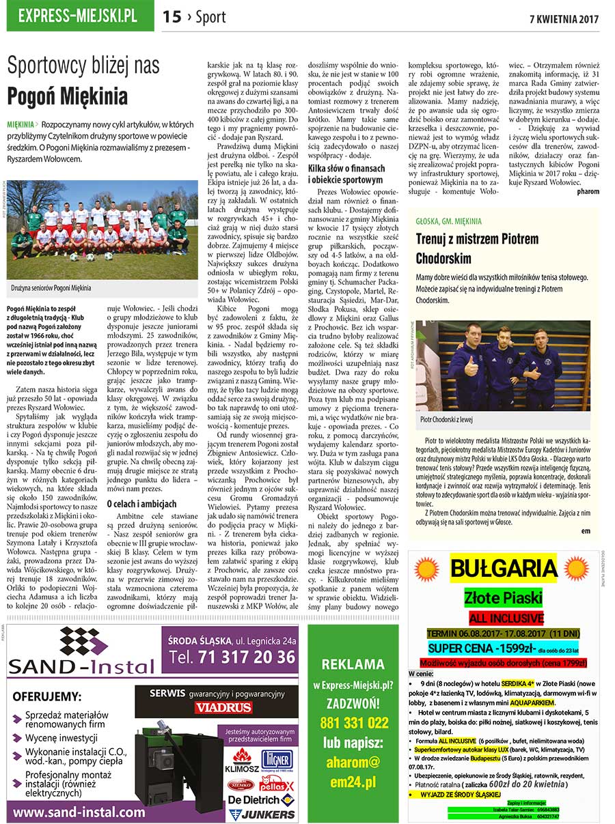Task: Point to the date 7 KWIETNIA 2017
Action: click(564, 18)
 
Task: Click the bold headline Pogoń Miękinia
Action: click(67, 95)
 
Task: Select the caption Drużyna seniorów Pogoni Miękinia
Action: click(51, 288)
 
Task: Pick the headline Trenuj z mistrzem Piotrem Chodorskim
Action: click(477, 248)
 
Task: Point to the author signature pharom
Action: click(587, 192)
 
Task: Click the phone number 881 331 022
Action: click(353, 723)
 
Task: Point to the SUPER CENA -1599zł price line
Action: click(503, 648)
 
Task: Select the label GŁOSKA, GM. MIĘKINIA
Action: click(449, 221)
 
